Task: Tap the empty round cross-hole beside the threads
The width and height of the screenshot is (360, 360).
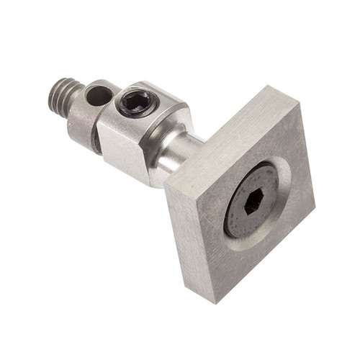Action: coord(99,94)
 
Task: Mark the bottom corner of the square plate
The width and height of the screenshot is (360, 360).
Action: coord(213,302)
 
